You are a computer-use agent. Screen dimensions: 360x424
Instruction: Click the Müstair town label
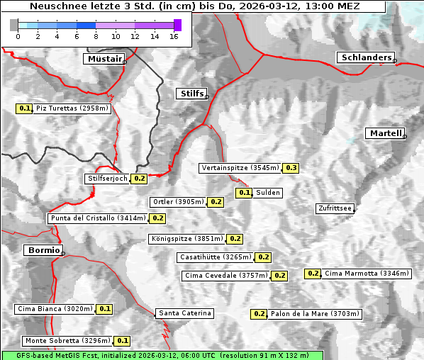[104, 59]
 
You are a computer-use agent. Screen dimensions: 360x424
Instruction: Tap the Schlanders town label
[365, 57]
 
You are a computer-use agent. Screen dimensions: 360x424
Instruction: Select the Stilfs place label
[191, 94]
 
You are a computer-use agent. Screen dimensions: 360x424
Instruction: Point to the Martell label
[385, 133]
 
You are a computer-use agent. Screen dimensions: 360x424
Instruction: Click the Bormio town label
[43, 250]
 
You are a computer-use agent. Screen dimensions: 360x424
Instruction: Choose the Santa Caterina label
[184, 313]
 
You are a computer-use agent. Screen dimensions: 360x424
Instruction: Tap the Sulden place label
[268, 193]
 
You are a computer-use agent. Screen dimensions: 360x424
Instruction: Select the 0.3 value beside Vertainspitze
[291, 168]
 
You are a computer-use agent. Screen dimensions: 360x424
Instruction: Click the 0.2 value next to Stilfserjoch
[139, 179]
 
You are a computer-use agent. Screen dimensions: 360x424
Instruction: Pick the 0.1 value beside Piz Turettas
[25, 108]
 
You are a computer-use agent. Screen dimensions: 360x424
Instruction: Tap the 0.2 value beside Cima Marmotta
[313, 274]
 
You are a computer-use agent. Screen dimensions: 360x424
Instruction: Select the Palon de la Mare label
[316, 314]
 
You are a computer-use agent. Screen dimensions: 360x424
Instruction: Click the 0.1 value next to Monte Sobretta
[123, 341]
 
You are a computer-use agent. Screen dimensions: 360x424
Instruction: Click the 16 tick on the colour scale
[174, 36]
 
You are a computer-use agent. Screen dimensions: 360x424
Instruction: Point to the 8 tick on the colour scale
[96, 36]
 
